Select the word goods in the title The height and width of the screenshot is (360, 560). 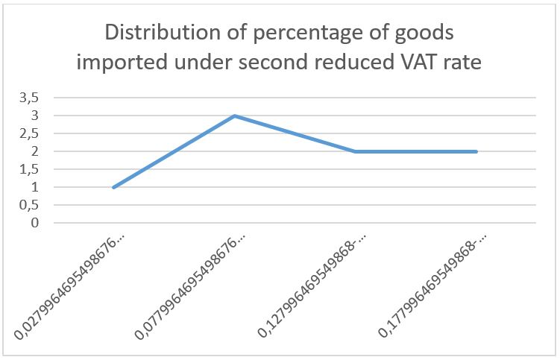tap(424, 34)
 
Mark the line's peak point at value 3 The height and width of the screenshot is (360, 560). tap(234, 116)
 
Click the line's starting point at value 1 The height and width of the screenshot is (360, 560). tap(113, 187)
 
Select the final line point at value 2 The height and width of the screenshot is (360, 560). tap(476, 151)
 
